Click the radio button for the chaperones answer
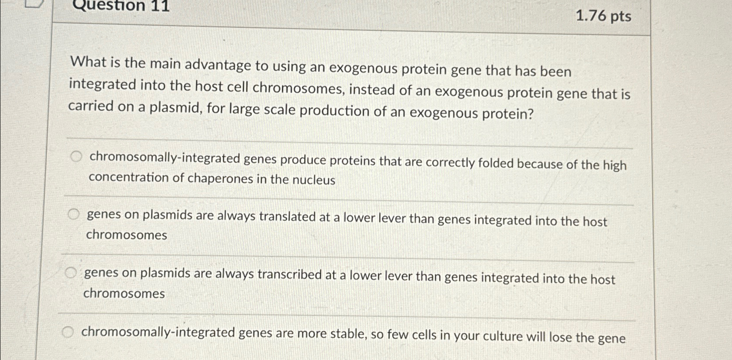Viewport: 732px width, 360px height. click(x=76, y=156)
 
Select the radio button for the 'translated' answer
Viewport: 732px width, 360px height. click(x=74, y=214)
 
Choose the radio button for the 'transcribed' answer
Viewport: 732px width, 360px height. click(x=71, y=273)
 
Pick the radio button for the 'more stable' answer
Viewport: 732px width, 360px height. click(x=67, y=333)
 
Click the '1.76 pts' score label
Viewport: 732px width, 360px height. click(x=603, y=16)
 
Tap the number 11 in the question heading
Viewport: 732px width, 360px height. click(x=159, y=6)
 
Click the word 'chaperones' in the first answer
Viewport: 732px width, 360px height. click(x=220, y=178)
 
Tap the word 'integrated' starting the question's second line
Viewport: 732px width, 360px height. click(x=103, y=84)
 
